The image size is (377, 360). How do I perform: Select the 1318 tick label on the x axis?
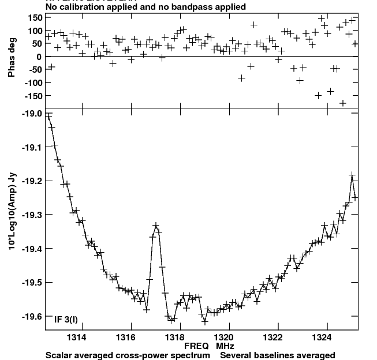pos(176,337)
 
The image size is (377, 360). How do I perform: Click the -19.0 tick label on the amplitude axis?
pos(31,114)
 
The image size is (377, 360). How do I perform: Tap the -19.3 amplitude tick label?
pos(31,215)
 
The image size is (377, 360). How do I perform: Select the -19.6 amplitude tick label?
pos(31,316)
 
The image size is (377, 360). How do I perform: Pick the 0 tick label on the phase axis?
pos(38,57)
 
